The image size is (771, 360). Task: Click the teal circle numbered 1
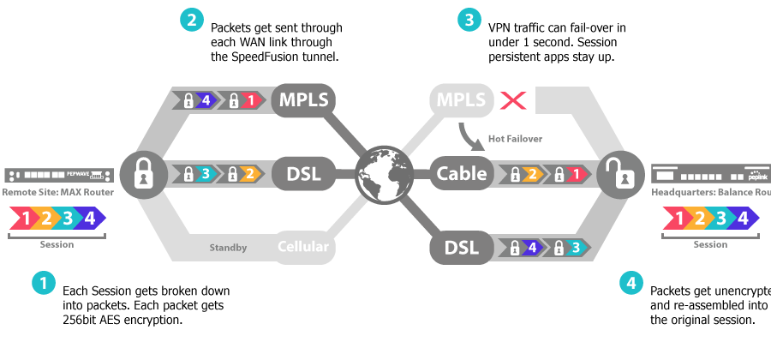[44, 283]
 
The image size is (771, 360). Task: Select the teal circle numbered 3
[469, 21]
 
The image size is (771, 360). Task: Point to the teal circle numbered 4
[631, 283]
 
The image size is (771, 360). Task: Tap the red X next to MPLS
[513, 100]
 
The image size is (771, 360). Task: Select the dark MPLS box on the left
[303, 100]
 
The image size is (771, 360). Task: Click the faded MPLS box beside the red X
[462, 100]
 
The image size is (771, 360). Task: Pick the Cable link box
[461, 174]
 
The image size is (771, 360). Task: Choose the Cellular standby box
[303, 248]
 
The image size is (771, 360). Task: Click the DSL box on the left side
[303, 174]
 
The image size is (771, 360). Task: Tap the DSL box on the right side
[461, 248]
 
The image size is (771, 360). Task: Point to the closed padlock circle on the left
[143, 174]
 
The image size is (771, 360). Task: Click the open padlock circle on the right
[622, 174]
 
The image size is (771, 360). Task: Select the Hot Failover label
[515, 138]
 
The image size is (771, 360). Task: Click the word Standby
[229, 249]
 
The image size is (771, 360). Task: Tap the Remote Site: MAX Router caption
[57, 192]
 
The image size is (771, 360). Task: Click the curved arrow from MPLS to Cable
[469, 135]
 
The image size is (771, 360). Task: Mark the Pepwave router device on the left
[58, 175]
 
